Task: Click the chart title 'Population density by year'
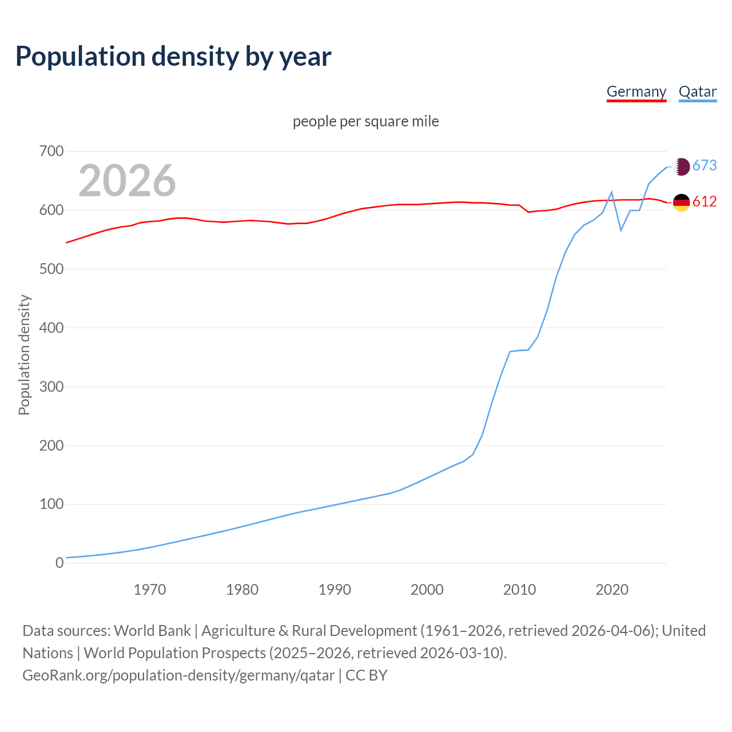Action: [x=173, y=56]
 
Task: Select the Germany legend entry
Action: [x=636, y=91]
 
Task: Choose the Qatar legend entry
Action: [x=697, y=91]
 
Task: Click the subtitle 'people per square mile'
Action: [x=365, y=121]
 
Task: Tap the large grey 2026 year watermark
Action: [x=127, y=181]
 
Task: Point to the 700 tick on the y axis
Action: [x=51, y=152]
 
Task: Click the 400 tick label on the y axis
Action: [x=51, y=328]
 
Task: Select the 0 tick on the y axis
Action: [x=59, y=563]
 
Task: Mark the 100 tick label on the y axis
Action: [x=51, y=504]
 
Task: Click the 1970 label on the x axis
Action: [x=150, y=590]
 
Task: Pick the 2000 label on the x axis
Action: [x=427, y=590]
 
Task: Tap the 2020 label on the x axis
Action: [x=612, y=590]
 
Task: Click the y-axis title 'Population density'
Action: [x=24, y=355]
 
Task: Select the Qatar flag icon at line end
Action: [x=681, y=166]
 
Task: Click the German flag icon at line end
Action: [x=681, y=202]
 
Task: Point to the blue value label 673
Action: [x=705, y=166]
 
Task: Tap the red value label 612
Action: [x=705, y=202]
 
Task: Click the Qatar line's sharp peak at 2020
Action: [x=612, y=192]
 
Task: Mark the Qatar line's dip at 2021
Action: [x=621, y=230]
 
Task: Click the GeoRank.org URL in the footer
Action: [x=178, y=675]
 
